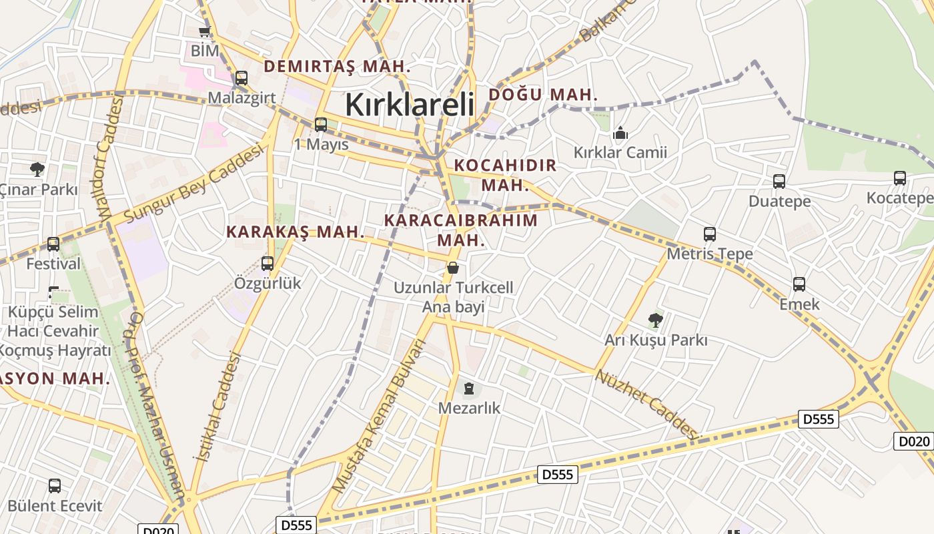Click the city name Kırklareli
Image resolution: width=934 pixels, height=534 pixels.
(410, 105)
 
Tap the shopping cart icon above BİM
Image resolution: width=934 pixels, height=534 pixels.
(205, 31)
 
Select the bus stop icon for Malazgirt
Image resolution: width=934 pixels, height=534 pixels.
(242, 78)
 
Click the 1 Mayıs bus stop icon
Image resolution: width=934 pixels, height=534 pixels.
(321, 124)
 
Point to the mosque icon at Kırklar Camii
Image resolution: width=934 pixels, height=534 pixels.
(620, 133)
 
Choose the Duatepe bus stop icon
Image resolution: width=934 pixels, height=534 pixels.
(779, 182)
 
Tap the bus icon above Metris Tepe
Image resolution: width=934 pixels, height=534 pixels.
(710, 234)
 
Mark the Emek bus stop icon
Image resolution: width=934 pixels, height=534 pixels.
(799, 284)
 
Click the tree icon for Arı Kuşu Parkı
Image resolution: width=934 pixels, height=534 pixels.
(656, 320)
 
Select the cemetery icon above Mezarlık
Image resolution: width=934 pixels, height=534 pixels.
(469, 388)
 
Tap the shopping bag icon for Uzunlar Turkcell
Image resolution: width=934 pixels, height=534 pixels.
(453, 268)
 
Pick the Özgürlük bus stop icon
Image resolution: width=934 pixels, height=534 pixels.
(268, 264)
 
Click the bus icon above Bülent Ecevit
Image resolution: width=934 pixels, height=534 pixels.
(55, 486)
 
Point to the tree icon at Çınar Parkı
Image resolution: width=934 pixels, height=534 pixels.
(37, 170)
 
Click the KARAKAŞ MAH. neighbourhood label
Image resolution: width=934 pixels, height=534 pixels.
(296, 232)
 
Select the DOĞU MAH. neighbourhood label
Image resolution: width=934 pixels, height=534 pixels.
(543, 95)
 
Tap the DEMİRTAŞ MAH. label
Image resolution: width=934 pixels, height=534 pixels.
(337, 66)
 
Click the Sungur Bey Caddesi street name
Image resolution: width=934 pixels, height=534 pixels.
(194, 185)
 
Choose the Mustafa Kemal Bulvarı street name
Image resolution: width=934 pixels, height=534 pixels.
(379, 417)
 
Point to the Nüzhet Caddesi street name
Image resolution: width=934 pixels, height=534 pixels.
(648, 405)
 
